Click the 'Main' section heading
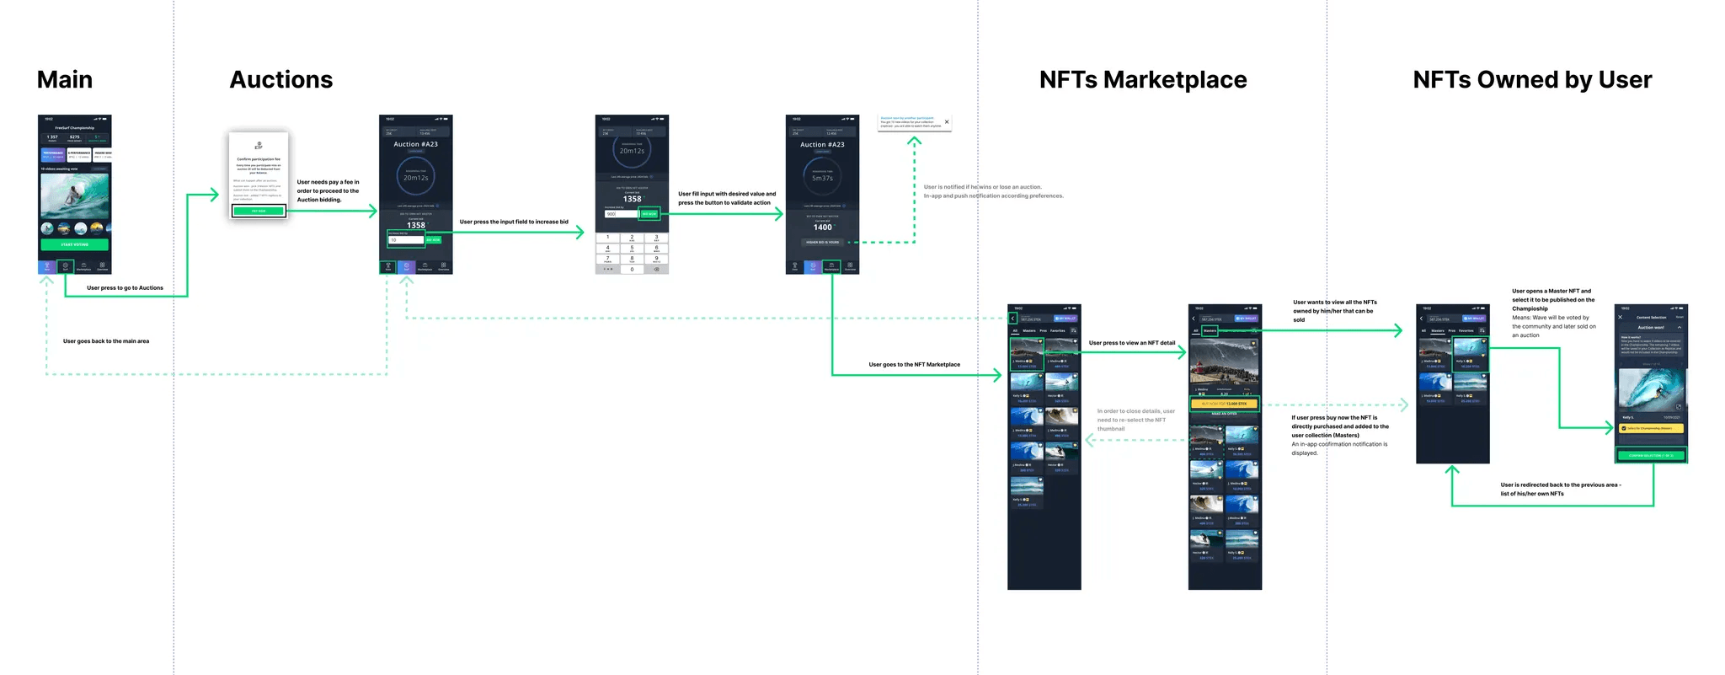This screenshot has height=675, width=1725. (65, 80)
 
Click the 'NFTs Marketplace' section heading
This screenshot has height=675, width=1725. (1142, 80)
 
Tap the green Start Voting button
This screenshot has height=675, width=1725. (74, 244)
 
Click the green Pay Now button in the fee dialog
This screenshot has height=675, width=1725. (259, 211)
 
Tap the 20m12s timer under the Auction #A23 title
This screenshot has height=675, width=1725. (415, 178)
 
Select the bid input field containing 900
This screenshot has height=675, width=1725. (621, 214)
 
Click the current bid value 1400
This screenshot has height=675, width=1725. (822, 228)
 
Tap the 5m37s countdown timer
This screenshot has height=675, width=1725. (822, 178)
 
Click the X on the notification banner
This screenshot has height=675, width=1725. (947, 122)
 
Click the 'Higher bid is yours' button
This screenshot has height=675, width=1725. (822, 243)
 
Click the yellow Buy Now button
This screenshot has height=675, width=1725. (1224, 404)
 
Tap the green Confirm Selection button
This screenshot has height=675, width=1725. (1650, 455)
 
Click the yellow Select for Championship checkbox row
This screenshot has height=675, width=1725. (1650, 428)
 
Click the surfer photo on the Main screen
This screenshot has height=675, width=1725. (74, 195)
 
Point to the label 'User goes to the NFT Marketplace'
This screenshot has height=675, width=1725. (914, 365)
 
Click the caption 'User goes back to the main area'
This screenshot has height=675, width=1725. (106, 341)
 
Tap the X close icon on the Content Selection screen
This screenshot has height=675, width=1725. (1620, 318)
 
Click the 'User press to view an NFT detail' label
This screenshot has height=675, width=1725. (1131, 343)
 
